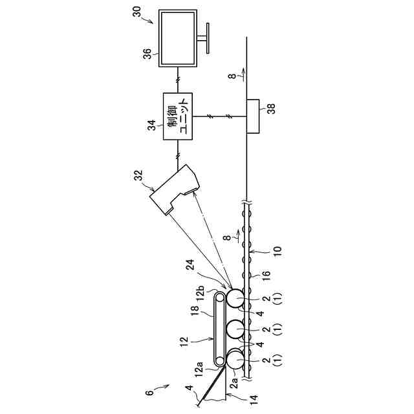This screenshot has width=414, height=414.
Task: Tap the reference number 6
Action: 148,394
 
